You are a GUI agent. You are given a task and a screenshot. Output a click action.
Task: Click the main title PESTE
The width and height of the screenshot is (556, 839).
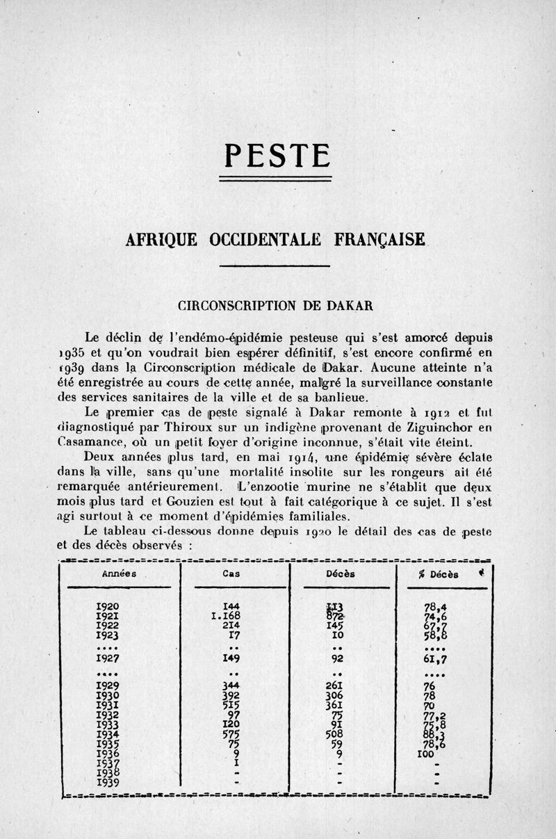click(277, 156)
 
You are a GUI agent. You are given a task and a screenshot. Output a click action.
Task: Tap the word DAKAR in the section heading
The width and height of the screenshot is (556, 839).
click(351, 304)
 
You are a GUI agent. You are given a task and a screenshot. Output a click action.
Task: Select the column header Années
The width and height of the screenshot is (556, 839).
click(118, 574)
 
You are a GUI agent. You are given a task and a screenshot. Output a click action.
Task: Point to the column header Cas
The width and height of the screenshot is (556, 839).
click(231, 574)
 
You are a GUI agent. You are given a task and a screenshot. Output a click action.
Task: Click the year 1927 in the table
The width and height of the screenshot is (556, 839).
click(107, 658)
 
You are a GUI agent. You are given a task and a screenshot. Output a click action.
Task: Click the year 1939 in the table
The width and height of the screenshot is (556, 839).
click(107, 781)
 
